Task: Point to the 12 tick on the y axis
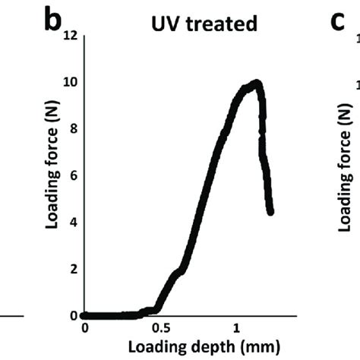[x=72, y=35]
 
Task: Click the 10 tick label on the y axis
[x=72, y=82]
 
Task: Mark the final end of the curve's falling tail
[x=270, y=212]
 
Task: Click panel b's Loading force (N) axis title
[x=54, y=175]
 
